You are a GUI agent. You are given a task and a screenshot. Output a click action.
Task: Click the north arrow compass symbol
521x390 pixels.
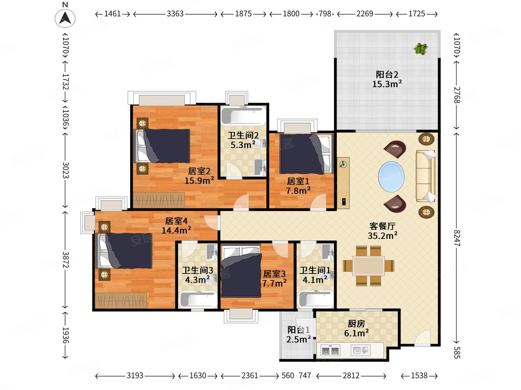coord(65,18)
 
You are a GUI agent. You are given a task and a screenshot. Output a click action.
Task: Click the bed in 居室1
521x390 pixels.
coord(304,154)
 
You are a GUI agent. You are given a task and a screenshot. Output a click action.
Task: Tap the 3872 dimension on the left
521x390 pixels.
coord(65,260)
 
